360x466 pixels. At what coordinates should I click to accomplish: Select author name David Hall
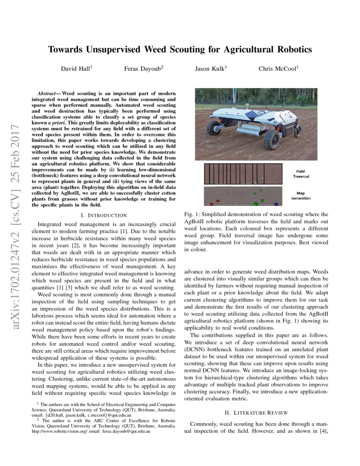[75, 69]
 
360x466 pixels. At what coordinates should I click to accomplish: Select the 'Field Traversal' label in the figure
[301, 173]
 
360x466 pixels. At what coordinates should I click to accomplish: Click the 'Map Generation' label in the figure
[301, 196]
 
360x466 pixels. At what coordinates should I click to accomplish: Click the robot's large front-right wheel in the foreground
[272, 139]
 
